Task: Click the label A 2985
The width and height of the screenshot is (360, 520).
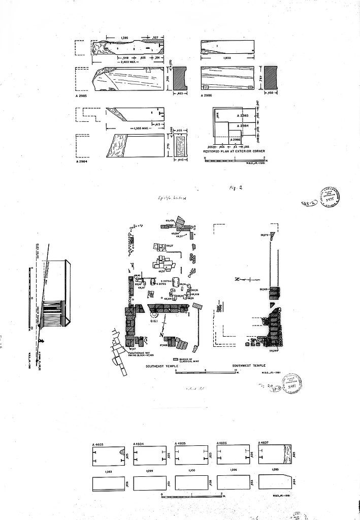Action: coord(81,95)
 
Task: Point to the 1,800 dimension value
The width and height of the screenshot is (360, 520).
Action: coord(227,58)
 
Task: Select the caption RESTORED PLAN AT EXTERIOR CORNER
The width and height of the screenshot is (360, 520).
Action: coord(232,151)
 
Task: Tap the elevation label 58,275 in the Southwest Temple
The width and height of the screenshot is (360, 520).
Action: coord(264,235)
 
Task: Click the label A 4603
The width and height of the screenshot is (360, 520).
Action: coord(98,444)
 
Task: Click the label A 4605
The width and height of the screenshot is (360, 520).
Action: coord(181,443)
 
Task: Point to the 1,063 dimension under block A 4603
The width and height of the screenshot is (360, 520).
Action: coord(108,471)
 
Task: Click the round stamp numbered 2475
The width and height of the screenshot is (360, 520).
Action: coord(329,197)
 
